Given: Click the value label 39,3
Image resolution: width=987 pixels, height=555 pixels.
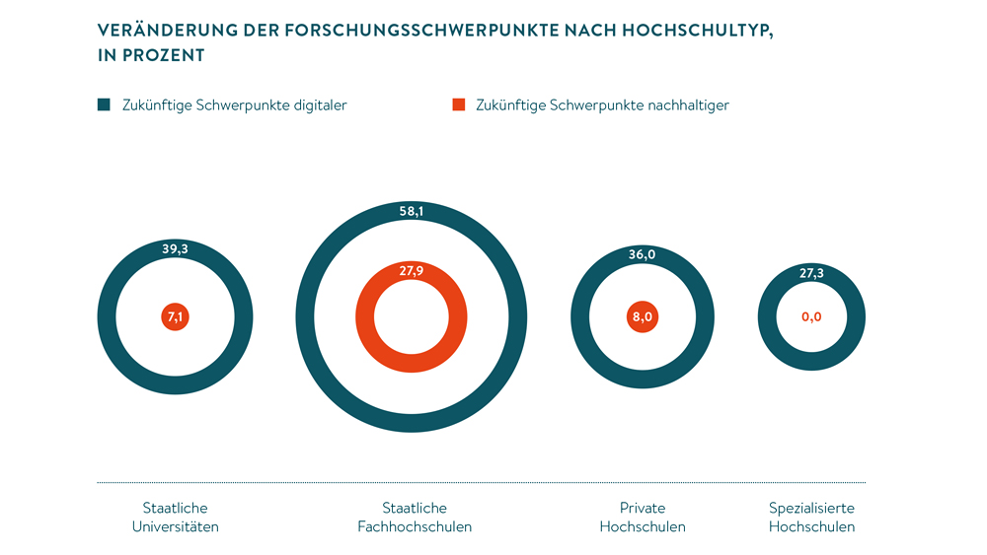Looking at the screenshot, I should (175, 249).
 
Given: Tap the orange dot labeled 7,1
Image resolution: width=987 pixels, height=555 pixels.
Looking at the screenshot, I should (176, 317).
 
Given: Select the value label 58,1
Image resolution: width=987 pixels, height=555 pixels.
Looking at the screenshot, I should (412, 211).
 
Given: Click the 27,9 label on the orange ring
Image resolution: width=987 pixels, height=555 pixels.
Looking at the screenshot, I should (412, 270).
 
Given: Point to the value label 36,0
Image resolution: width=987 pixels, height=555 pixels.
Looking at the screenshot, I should (642, 254).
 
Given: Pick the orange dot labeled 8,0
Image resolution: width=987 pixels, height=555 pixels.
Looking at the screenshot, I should (642, 317).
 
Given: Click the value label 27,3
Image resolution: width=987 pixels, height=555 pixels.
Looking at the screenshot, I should (811, 273).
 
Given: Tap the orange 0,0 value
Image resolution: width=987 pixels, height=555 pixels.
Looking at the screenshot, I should (811, 317).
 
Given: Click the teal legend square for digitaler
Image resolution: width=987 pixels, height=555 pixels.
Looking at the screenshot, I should (104, 105).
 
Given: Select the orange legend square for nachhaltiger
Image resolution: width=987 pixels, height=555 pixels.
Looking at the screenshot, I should (458, 105).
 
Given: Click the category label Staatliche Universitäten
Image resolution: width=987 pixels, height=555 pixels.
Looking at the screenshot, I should (176, 518).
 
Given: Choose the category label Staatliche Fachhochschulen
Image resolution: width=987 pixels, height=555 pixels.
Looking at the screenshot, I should (415, 518).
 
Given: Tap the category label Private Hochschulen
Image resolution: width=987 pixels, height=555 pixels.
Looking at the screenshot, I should (643, 518).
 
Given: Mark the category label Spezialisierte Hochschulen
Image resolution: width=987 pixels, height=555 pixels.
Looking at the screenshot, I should (811, 518).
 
